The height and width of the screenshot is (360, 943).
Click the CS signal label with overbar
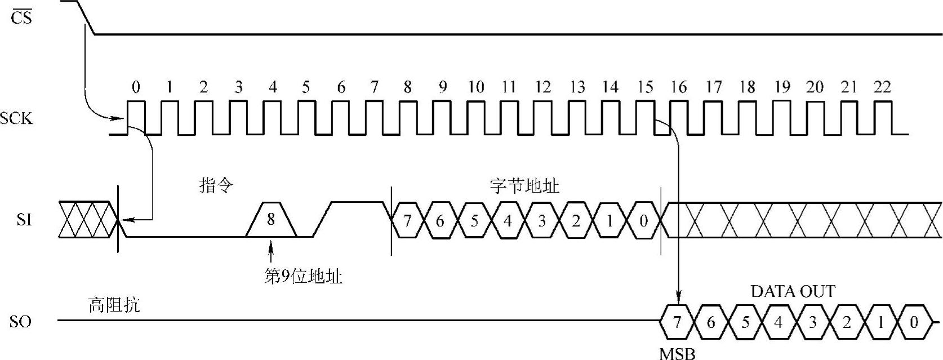pyautogui.click(x=21, y=17)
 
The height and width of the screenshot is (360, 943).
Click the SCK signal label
pyautogui.click(x=17, y=119)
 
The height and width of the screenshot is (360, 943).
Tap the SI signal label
pyautogui.click(x=24, y=220)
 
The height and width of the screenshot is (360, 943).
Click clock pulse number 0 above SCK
pyautogui.click(x=136, y=87)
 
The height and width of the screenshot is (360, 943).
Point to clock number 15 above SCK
pyautogui.click(x=645, y=87)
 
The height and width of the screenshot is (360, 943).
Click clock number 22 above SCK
pyautogui.click(x=882, y=87)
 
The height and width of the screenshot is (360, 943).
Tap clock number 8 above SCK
pyautogui.click(x=407, y=87)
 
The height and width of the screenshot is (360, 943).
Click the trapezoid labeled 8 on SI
pyautogui.click(x=271, y=219)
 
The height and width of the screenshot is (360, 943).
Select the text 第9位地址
pyautogui.click(x=303, y=277)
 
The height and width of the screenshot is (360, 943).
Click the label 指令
pyautogui.click(x=216, y=185)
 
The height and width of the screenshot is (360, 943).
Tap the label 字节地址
pyautogui.click(x=524, y=185)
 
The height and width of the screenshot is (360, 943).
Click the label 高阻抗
pyautogui.click(x=114, y=305)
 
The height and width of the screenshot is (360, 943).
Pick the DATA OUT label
pyautogui.click(x=793, y=291)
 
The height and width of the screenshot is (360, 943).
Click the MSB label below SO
pyautogui.click(x=677, y=354)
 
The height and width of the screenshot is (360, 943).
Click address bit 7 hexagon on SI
pyautogui.click(x=407, y=220)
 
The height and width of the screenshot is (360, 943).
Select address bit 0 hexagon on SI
pyautogui.click(x=644, y=220)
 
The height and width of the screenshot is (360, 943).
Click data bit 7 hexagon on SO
pyautogui.click(x=677, y=322)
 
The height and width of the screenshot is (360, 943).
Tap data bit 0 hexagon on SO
pyautogui.click(x=914, y=322)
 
